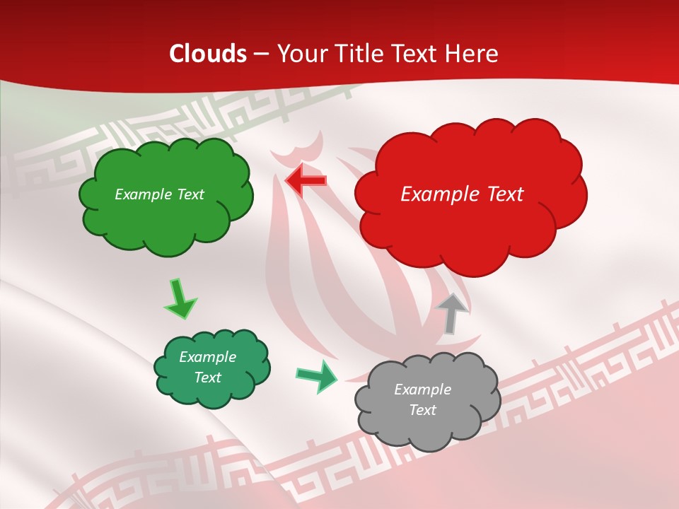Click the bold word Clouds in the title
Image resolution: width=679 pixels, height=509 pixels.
pos(208,54)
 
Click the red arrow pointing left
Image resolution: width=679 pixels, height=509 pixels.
pos(306,180)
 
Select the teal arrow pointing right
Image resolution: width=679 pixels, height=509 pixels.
pos(317,376)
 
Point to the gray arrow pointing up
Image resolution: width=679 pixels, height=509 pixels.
pos(452,312)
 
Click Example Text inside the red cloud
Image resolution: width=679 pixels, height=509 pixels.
pos(462,194)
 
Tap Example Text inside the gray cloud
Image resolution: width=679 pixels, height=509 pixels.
pos(422,399)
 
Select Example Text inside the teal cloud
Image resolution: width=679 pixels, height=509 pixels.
pos(207,367)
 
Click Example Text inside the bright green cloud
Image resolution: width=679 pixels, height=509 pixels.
pos(159,194)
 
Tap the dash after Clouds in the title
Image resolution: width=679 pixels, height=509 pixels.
pos(260,54)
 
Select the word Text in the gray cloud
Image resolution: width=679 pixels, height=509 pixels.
pos(422,410)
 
